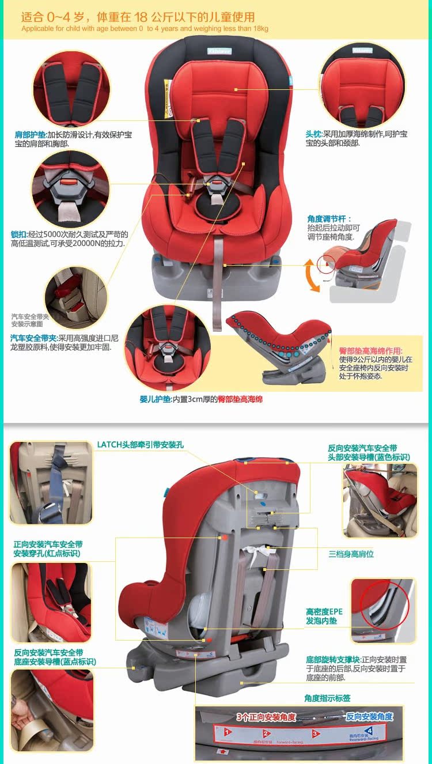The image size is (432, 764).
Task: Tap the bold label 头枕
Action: coord(313,134)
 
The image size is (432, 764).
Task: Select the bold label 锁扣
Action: coord(18,235)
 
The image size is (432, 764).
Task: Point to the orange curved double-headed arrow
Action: coord(312,275)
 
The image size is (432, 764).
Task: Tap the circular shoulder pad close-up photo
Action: coord(71,88)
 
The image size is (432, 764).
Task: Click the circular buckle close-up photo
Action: coord(70,189)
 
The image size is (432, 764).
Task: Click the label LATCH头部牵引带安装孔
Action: coord(140,444)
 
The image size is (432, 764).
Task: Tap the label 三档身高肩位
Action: coord(351,554)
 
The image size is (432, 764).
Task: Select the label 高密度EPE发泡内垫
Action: coord(324,617)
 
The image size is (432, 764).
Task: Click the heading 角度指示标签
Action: coord(327,698)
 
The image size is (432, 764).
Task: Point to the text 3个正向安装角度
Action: coord(266,717)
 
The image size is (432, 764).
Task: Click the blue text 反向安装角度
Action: coord(369,717)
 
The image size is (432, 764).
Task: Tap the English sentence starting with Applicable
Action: coord(145,28)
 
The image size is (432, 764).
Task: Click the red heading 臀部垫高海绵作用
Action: coord(371,351)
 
